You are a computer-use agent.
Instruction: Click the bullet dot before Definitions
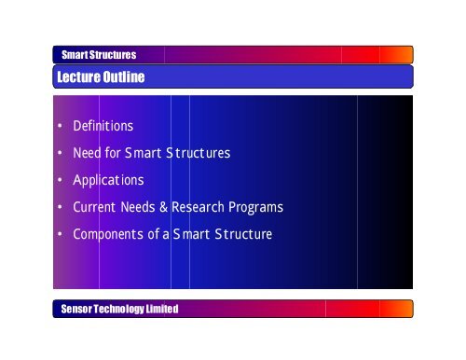[60, 126]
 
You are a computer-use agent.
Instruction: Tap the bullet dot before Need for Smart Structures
[60, 153]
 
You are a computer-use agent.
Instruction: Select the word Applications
[107, 179]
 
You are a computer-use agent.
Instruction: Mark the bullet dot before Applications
[60, 180]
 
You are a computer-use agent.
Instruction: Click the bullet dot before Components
[60, 234]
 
